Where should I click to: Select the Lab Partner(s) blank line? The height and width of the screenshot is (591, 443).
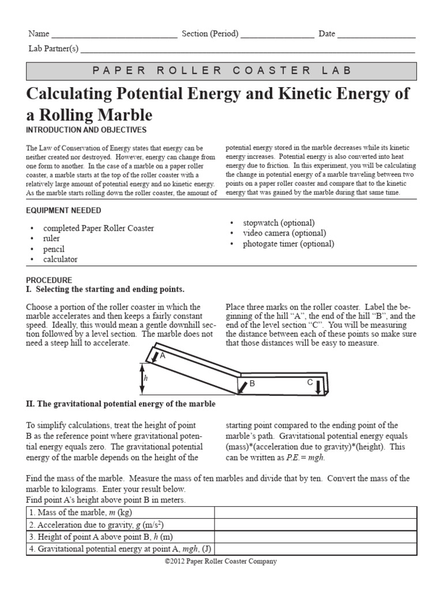point(248,51)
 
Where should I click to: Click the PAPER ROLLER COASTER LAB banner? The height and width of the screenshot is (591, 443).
point(221,70)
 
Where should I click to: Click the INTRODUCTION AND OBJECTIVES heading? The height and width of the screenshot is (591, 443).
point(86,130)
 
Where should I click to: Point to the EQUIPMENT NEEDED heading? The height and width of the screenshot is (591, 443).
point(63,211)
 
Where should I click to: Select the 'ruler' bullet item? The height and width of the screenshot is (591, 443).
point(51,238)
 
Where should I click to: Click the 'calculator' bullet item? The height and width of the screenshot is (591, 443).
point(60,259)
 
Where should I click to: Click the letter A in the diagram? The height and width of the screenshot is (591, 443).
point(163,356)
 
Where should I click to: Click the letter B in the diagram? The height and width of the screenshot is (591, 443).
point(252,383)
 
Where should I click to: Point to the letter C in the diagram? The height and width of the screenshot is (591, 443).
point(310,382)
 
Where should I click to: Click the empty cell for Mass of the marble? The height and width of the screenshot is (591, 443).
point(315,513)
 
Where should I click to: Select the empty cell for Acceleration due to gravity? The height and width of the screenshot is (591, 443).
point(315,525)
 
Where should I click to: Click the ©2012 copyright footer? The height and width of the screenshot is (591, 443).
point(221,561)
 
